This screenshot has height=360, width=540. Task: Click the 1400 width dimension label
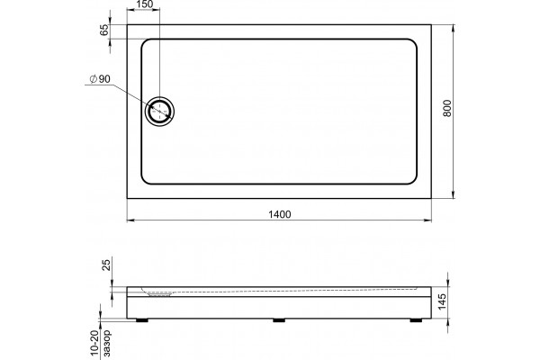pyautogui.click(x=279, y=214)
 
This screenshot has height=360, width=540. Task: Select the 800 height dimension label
pyautogui.click(x=447, y=108)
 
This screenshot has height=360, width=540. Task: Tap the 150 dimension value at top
pyautogui.click(x=144, y=4)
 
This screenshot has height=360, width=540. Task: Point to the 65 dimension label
pyautogui.click(x=104, y=31)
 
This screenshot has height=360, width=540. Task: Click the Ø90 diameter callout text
pyautogui.click(x=100, y=79)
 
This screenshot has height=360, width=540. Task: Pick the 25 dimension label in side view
pyautogui.click(x=107, y=265)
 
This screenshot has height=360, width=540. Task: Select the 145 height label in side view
pyautogui.click(x=442, y=301)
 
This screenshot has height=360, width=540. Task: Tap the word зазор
pyautogui.click(x=107, y=343)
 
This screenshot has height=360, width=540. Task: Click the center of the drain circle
pyautogui.click(x=159, y=112)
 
